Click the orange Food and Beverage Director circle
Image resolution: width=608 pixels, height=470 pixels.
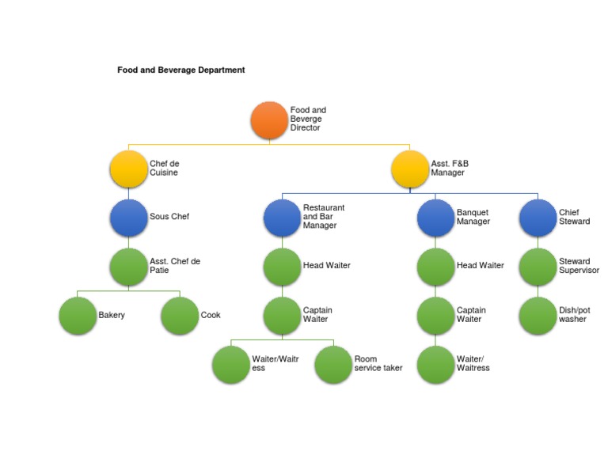coord(269,120)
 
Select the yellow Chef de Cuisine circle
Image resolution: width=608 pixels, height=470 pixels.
coord(128,169)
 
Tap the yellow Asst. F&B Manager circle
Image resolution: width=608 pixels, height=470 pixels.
coord(410,169)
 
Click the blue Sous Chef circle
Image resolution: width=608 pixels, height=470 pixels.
coord(128,217)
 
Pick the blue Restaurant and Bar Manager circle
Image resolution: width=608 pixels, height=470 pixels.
coord(282,217)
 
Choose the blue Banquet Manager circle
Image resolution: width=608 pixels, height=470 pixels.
coord(435,217)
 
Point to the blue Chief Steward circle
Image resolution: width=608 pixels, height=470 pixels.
coord(538,217)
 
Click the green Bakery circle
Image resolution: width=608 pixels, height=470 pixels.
coord(78,316)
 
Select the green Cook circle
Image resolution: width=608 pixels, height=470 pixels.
coord(180,316)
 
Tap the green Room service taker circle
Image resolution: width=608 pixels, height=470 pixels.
coord(333,364)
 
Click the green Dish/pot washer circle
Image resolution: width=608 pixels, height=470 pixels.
coord(538,316)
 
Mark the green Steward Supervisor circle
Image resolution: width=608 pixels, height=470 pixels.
coord(538,267)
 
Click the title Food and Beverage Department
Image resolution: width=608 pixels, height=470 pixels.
coord(180,70)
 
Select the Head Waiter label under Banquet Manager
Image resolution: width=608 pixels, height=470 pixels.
coord(480,266)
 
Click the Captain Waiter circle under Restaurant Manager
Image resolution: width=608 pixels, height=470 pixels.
coord(282,316)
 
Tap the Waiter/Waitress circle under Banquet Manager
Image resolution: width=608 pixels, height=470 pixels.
coord(435,364)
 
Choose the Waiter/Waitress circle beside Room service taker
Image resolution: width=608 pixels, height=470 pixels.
coord(231,364)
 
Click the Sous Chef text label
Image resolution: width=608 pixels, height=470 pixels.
coord(169,217)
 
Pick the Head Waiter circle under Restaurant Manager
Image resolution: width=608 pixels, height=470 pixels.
coord(282,267)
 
